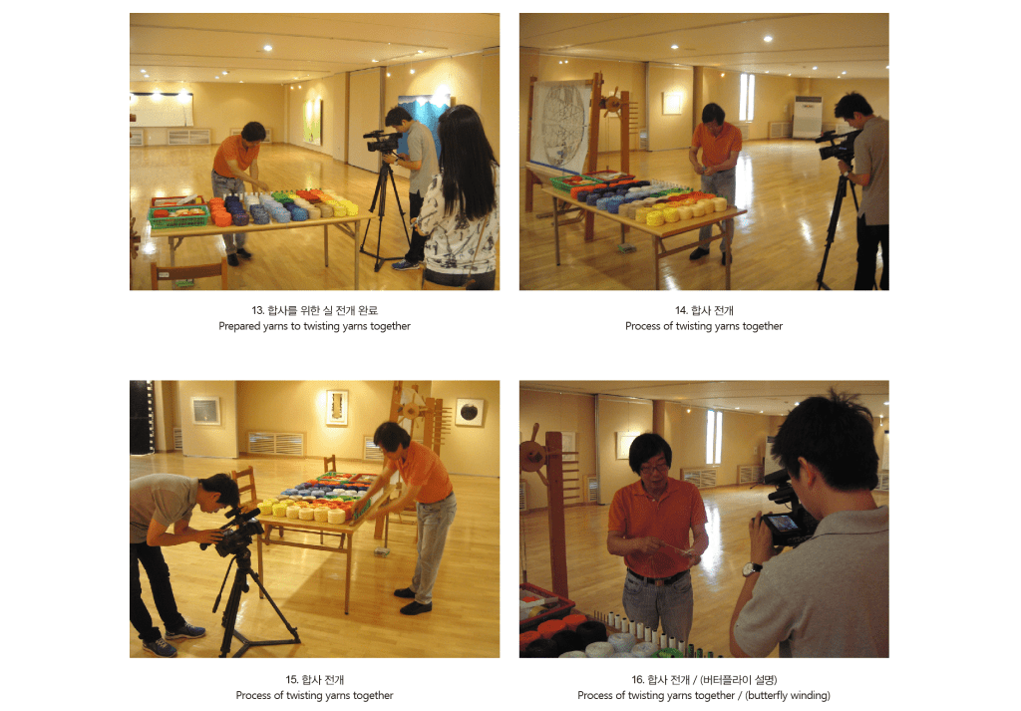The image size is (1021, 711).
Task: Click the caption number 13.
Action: [x=257, y=310]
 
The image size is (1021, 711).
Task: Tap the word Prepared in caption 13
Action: [x=239, y=326]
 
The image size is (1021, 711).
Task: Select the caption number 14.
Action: [x=681, y=310]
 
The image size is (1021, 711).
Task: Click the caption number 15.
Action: [x=292, y=680]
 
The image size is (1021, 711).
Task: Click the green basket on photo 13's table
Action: [x=179, y=216]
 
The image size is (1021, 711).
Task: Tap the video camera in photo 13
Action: [x=382, y=142]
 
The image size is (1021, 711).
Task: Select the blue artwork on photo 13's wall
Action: [x=422, y=119]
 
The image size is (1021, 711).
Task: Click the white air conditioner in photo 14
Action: [x=807, y=118]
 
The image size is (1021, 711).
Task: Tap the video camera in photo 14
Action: [x=836, y=146]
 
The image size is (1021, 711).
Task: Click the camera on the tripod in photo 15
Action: [x=237, y=531]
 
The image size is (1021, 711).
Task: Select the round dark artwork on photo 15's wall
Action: [x=470, y=412]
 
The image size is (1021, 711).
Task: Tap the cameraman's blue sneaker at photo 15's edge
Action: [x=160, y=647]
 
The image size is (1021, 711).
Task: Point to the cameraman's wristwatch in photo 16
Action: [x=752, y=569]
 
